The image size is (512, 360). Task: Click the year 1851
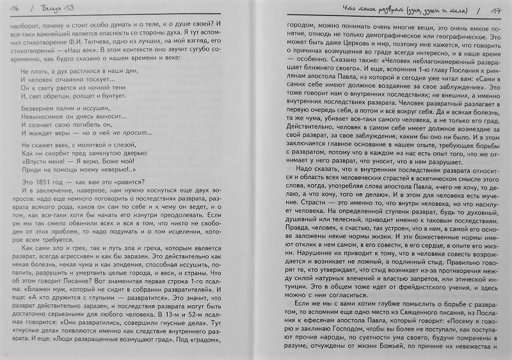(x=46, y=178)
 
